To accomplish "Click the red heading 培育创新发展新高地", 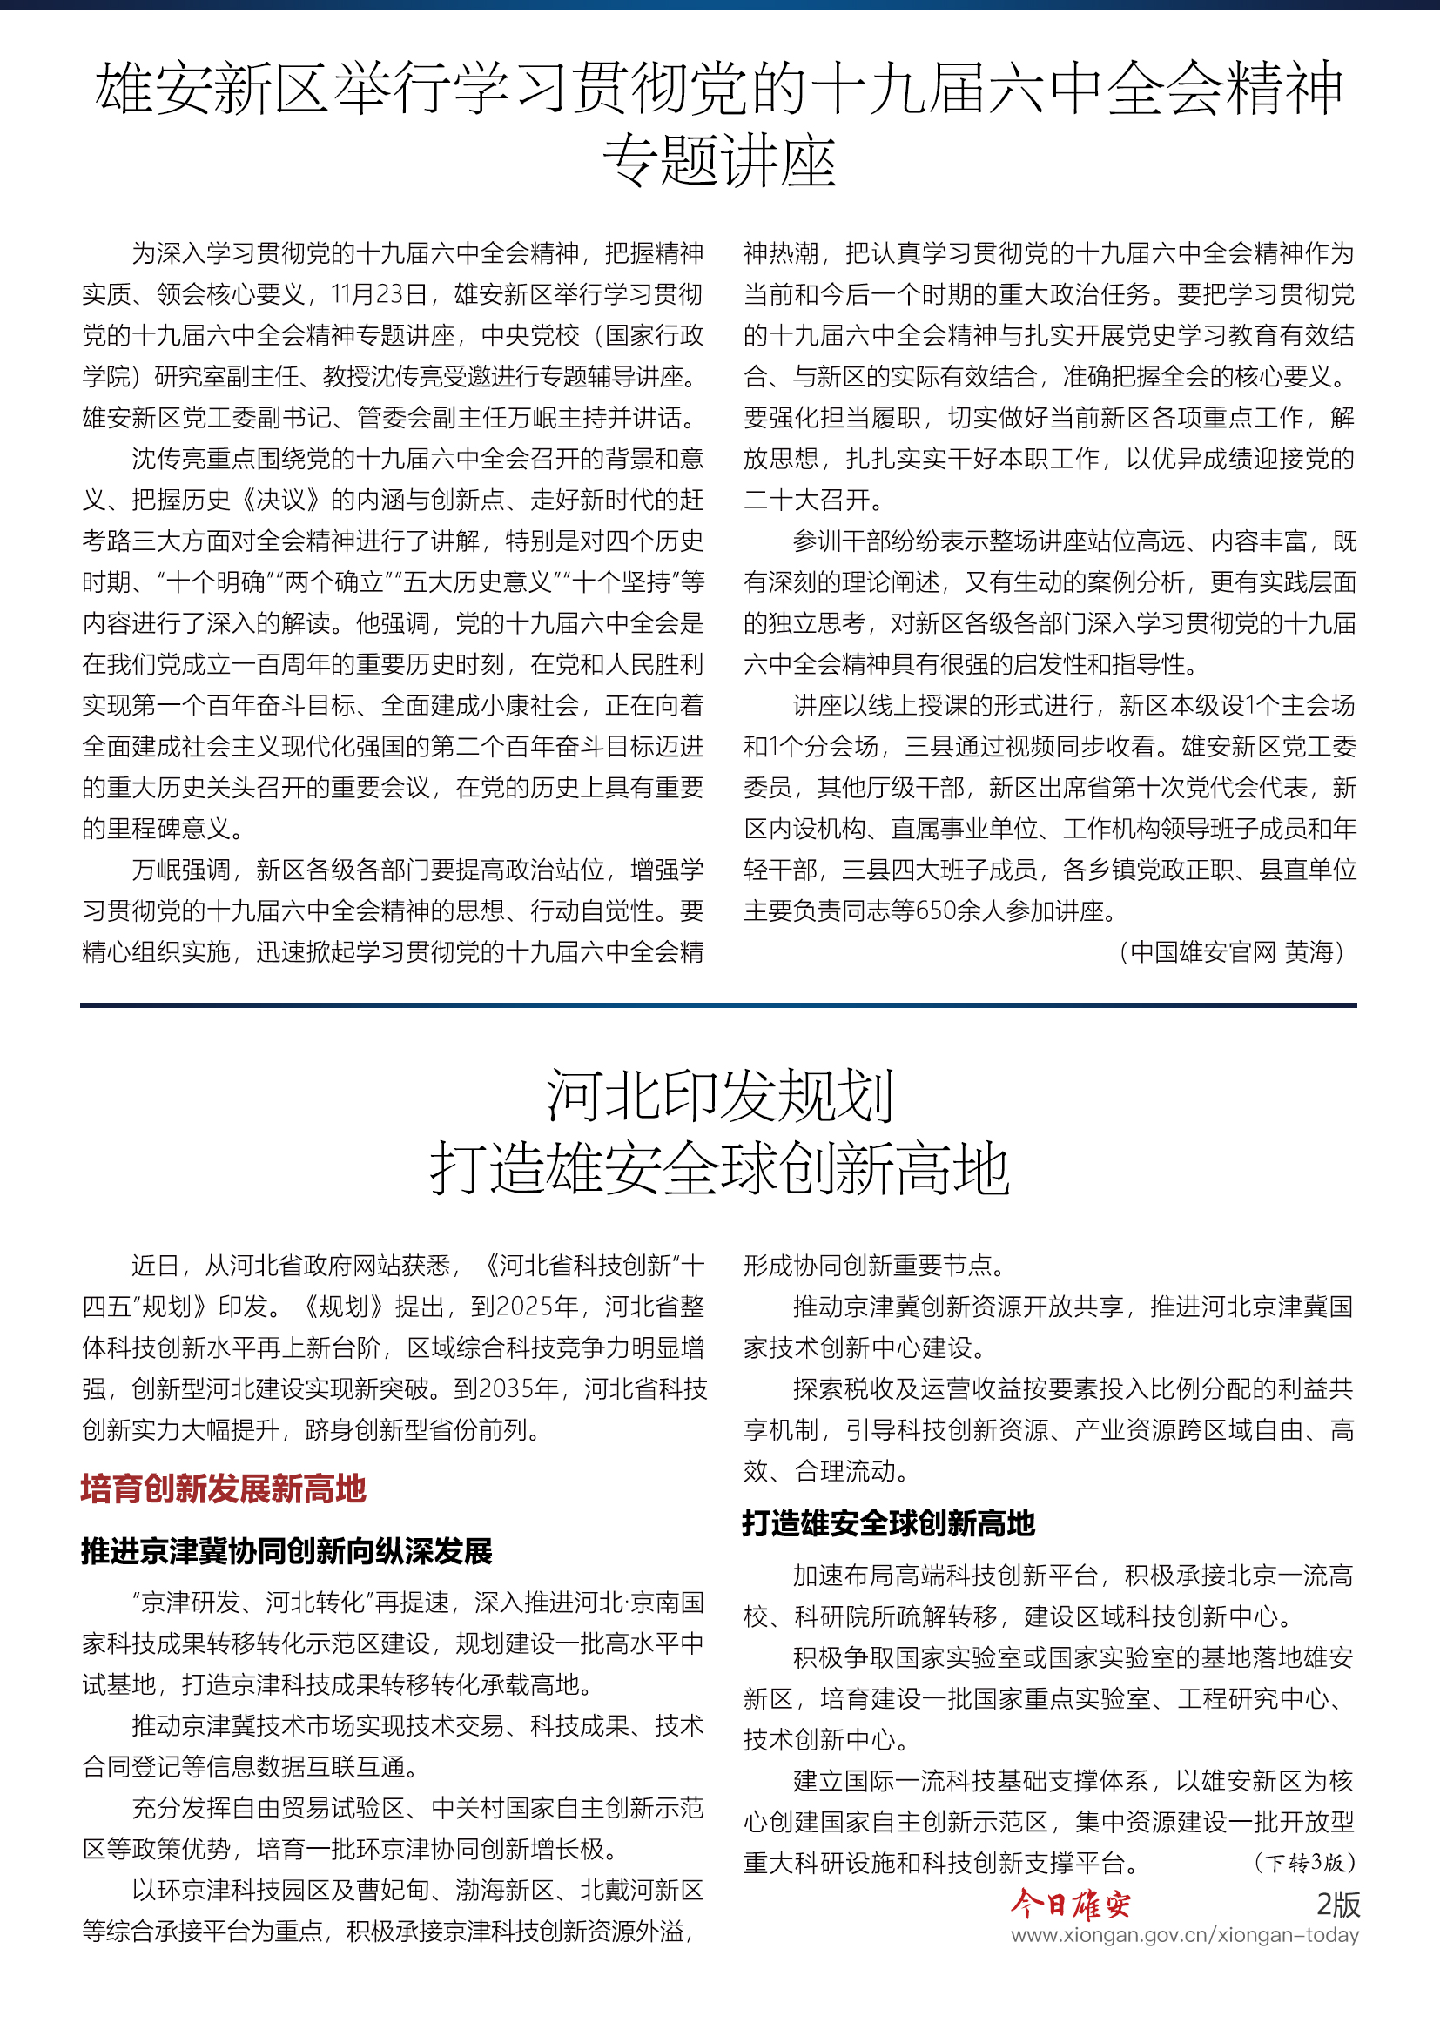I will [x=224, y=1488].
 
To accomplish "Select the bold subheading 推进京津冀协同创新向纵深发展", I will [x=286, y=1551].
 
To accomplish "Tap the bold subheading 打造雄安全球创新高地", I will [x=889, y=1523].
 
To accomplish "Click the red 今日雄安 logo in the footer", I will [x=1070, y=1904].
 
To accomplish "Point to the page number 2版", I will [x=1337, y=1904].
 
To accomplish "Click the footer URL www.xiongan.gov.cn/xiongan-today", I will [x=1184, y=1935].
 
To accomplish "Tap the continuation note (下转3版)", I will [x=1304, y=1862].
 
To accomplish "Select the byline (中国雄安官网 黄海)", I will [x=1232, y=952].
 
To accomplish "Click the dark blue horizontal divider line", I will [x=718, y=1005].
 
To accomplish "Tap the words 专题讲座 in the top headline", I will [x=719, y=161].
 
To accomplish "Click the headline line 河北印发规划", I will [x=719, y=1096].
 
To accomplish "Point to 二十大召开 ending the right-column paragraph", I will [x=812, y=501].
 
